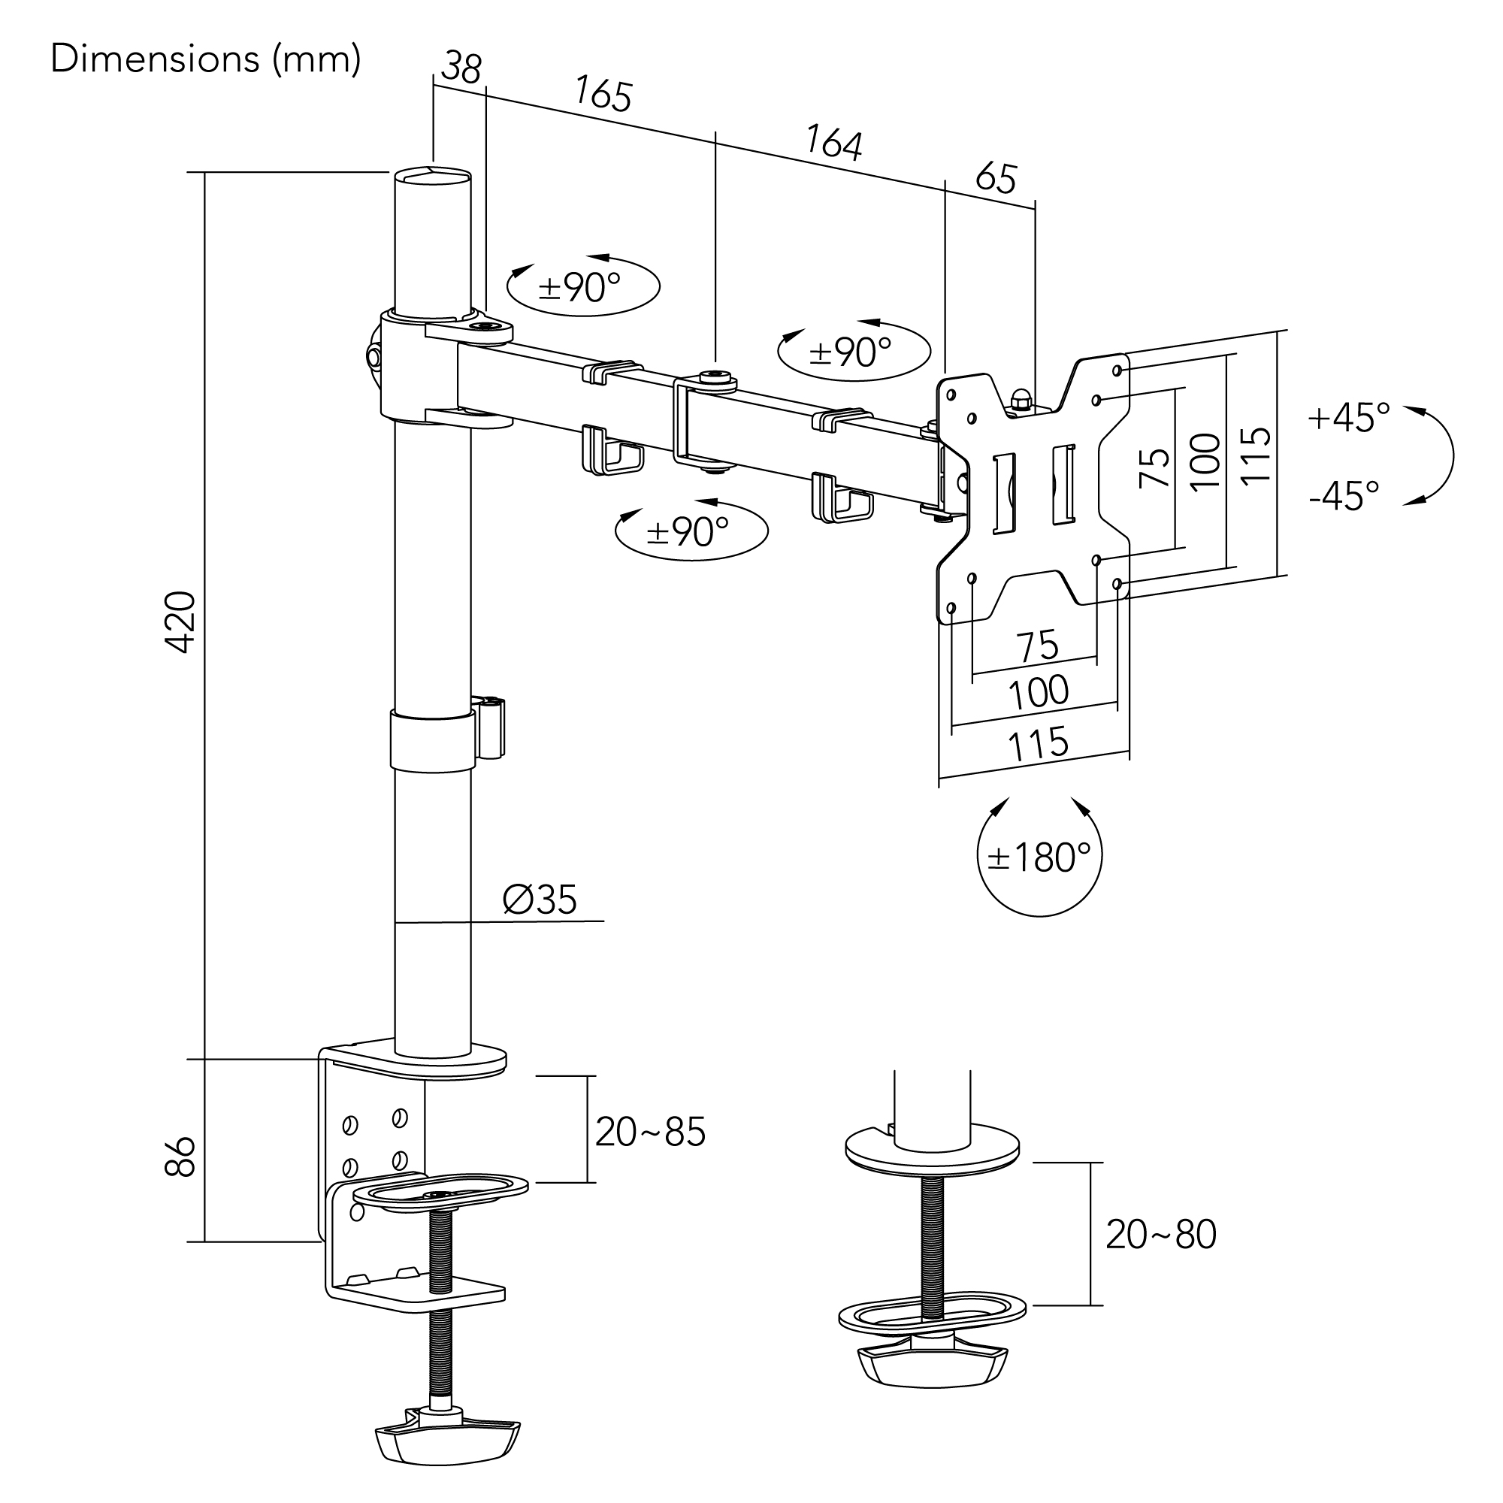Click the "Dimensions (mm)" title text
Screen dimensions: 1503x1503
(205, 59)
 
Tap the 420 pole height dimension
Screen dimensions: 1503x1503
(180, 622)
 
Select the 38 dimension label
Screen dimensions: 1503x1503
(461, 68)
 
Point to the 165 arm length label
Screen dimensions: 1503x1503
(603, 94)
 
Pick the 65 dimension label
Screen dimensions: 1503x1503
(996, 178)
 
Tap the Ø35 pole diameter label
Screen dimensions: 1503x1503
(540, 900)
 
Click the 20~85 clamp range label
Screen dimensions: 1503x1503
(650, 1132)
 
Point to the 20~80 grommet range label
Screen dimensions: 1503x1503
(1161, 1235)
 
